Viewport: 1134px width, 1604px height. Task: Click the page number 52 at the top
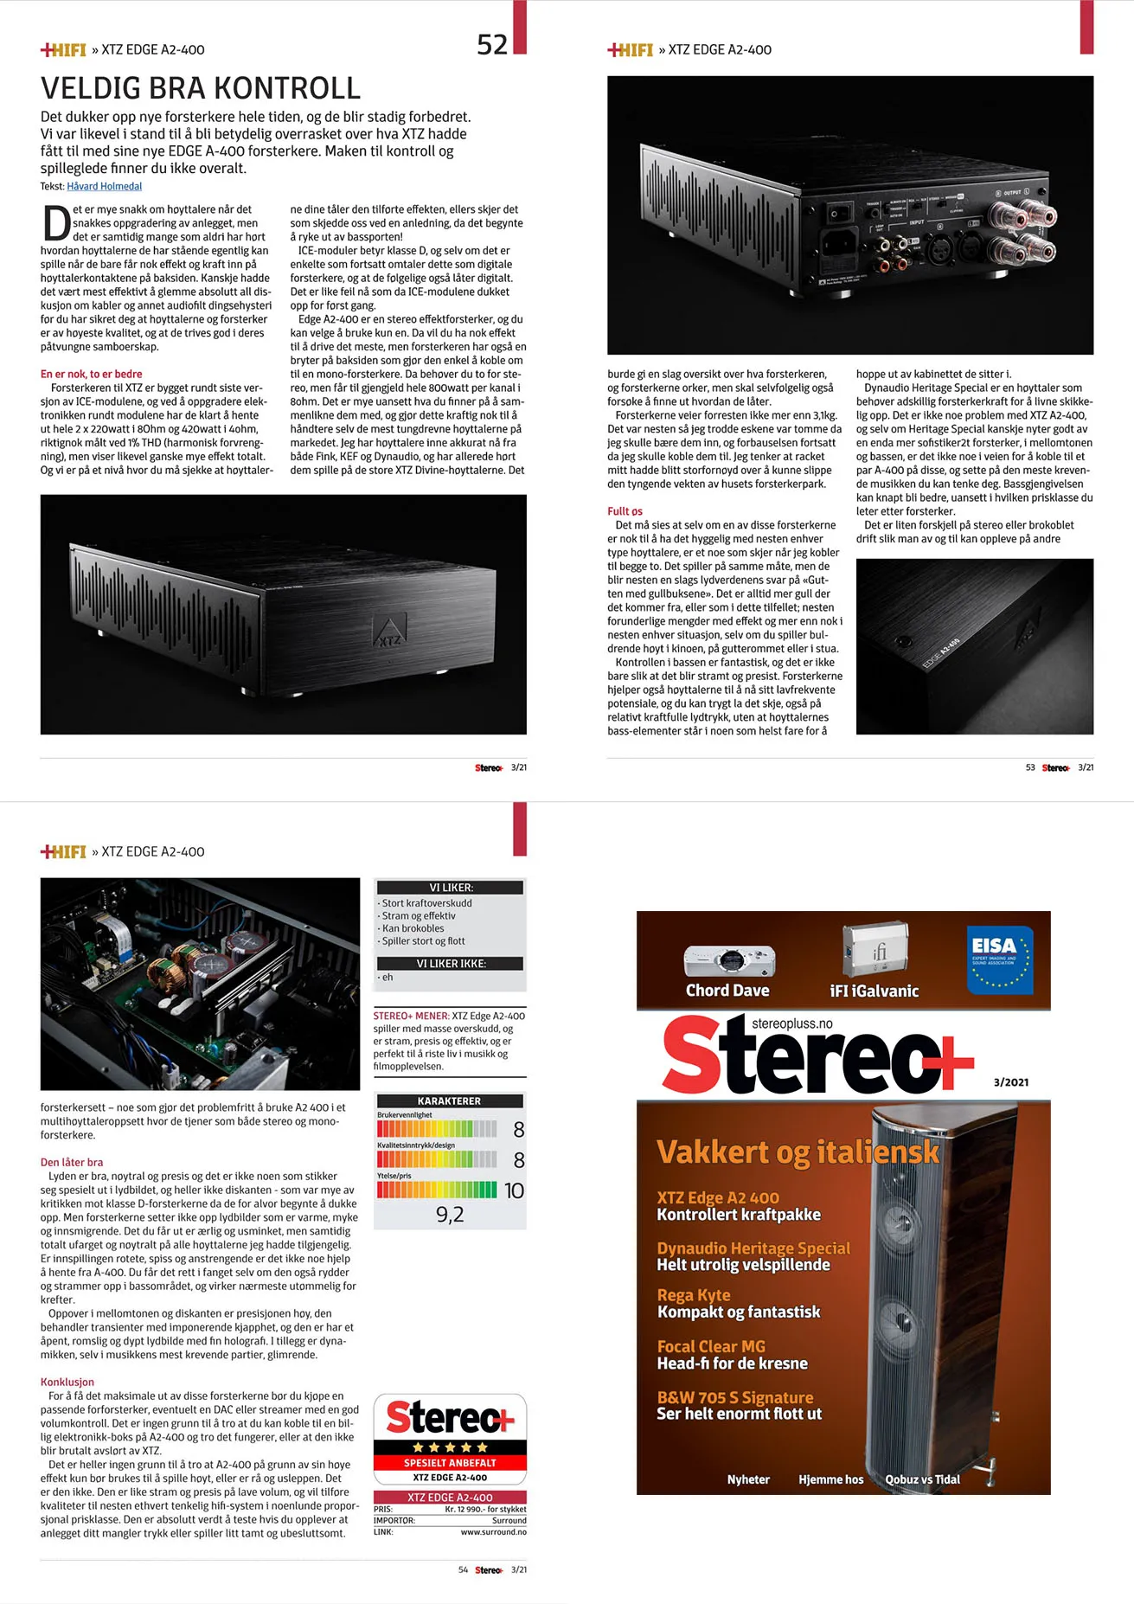click(x=492, y=44)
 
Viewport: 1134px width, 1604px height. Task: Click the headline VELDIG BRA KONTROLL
click(x=201, y=88)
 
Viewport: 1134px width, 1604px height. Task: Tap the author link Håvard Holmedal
click(x=104, y=186)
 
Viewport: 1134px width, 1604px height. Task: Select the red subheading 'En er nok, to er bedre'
click(x=91, y=374)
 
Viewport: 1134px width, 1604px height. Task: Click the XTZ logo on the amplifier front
click(x=389, y=632)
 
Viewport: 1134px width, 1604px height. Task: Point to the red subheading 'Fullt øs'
click(x=625, y=511)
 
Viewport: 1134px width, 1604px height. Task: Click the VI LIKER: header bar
click(x=450, y=888)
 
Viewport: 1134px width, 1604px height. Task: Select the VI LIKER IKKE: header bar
click(x=450, y=964)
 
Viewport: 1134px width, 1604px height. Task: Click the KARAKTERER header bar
click(x=450, y=1101)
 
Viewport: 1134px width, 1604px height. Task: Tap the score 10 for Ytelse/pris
click(x=514, y=1191)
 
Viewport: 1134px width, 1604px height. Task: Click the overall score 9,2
click(x=450, y=1215)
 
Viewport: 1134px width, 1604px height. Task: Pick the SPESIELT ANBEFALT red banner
click(x=450, y=1463)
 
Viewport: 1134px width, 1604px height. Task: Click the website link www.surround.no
click(x=493, y=1532)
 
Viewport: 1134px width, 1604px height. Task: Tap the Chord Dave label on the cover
click(x=727, y=991)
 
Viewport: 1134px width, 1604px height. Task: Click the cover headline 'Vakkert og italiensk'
click(x=798, y=1152)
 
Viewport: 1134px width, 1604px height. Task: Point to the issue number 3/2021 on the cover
click(x=1011, y=1082)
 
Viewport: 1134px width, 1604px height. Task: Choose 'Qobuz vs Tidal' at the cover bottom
click(x=922, y=1479)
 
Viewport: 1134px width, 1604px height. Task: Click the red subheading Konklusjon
click(x=67, y=1382)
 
